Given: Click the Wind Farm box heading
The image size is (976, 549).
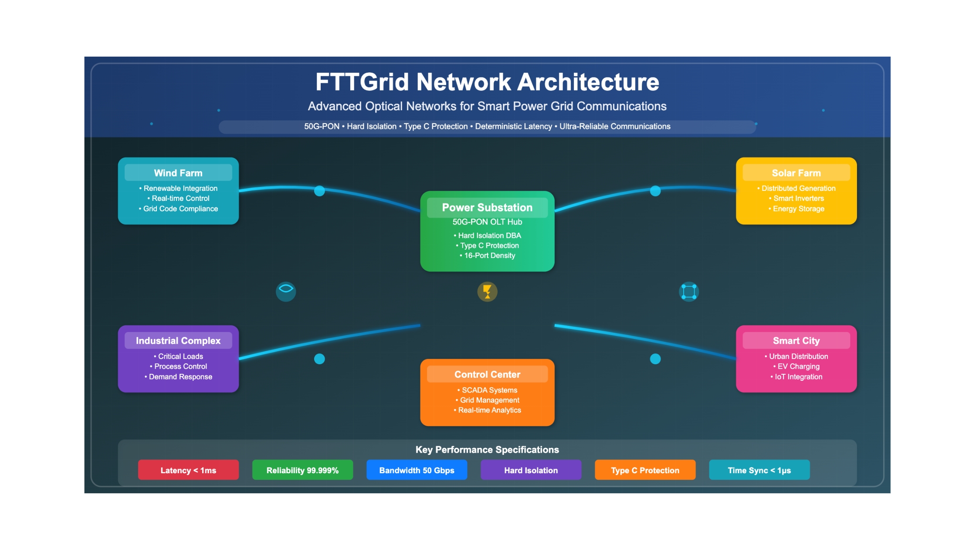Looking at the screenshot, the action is [x=178, y=173].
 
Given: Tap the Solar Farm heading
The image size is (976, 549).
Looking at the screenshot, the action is [x=796, y=173].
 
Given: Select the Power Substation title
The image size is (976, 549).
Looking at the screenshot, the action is [x=487, y=207].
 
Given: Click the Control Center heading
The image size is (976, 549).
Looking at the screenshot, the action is [x=487, y=374].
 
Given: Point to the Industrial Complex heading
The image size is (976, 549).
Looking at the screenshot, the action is [x=178, y=341].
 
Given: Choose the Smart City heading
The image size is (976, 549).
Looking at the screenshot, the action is [x=796, y=341].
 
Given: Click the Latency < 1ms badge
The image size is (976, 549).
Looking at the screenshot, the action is [x=188, y=470].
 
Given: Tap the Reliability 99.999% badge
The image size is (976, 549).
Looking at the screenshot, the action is [x=302, y=470].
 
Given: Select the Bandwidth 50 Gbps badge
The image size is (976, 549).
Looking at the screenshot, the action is [x=417, y=470].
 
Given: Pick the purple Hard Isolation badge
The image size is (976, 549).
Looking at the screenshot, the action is [x=531, y=470].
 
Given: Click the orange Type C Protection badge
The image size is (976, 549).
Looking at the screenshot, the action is [x=645, y=470].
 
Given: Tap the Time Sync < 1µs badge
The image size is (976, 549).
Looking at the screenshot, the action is [x=759, y=470].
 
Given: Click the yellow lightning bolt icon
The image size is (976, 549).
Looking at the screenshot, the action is [x=487, y=291].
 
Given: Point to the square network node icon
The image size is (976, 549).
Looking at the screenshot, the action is [x=688, y=291].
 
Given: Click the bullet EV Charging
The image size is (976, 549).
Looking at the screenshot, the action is [x=796, y=366].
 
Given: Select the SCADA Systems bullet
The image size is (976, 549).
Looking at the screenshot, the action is [x=487, y=390].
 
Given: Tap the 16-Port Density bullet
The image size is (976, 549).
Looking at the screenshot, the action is [x=487, y=256].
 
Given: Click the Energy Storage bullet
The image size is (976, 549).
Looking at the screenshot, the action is [x=796, y=209].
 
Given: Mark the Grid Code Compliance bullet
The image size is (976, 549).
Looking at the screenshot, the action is [x=178, y=209].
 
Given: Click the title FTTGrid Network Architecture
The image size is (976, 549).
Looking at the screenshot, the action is [x=487, y=82].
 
